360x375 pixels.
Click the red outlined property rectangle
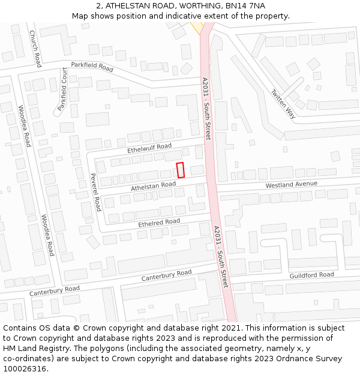pyautogui.click(x=180, y=170)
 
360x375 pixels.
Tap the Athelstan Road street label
pyautogui.click(x=154, y=188)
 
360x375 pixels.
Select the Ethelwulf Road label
pyautogui.click(x=149, y=147)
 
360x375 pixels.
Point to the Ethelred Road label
pyautogui.click(x=159, y=223)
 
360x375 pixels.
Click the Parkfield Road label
pyautogui.click(x=92, y=67)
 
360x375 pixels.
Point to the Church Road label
pyautogui.click(x=35, y=49)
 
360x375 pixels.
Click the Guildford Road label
pyautogui.click(x=311, y=275)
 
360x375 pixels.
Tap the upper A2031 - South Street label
pyautogui.click(x=206, y=108)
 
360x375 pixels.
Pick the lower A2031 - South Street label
pyautogui.click(x=221, y=255)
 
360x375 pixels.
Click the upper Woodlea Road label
pyautogui.click(x=24, y=126)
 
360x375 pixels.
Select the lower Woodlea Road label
pyautogui.click(x=47, y=235)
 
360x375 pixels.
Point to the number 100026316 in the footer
pyautogui.click(x=25, y=369)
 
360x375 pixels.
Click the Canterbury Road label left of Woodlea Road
pyautogui.click(x=55, y=291)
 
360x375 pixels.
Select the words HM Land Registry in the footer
pyautogui.click(x=33, y=349)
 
